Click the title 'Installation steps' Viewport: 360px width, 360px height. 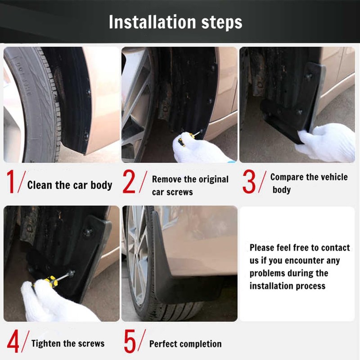(x=175, y=22)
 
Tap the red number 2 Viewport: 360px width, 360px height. (x=130, y=182)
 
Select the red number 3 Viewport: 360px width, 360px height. (x=249, y=182)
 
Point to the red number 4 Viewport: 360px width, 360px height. (x=13, y=342)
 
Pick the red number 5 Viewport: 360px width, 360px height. (x=130, y=342)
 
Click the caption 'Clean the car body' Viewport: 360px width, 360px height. (x=69, y=185)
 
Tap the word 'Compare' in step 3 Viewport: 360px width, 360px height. (x=287, y=177)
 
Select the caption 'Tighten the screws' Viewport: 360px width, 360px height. (x=67, y=343)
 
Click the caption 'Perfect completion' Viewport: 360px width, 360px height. (x=185, y=344)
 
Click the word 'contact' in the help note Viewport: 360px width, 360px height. (x=335, y=247)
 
